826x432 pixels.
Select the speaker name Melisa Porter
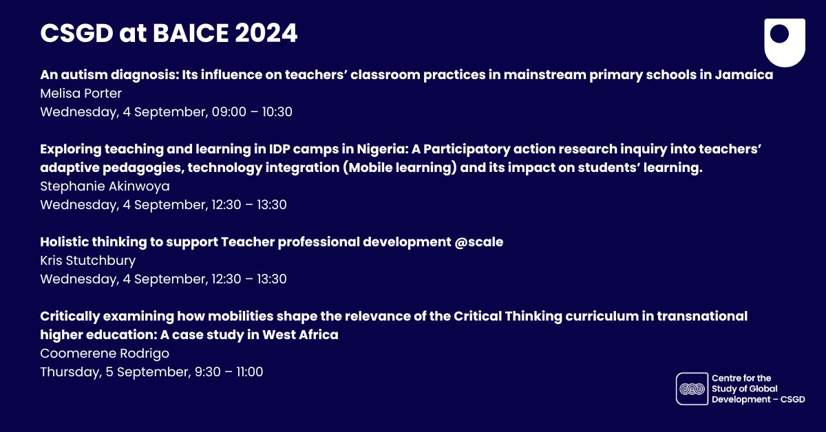click(81, 94)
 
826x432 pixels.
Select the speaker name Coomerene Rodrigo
click(105, 354)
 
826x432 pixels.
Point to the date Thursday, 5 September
click(114, 372)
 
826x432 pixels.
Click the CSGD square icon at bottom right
click(691, 388)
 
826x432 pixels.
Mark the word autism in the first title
click(83, 74)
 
